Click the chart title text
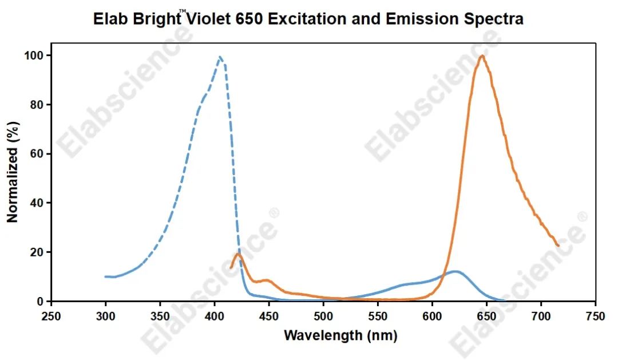tap(309, 18)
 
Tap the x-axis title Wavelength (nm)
tap(340, 335)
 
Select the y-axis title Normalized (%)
tap(13, 171)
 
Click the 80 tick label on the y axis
tap(38, 105)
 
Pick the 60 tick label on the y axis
tap(38, 154)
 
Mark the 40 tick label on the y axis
tap(38, 203)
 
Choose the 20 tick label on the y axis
tap(38, 252)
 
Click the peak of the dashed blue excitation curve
tap(220, 57)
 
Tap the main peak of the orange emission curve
tap(482, 56)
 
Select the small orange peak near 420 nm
tap(239, 254)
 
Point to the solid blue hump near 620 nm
tap(455, 271)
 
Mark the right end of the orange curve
tap(558, 246)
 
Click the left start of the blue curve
tap(106, 276)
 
